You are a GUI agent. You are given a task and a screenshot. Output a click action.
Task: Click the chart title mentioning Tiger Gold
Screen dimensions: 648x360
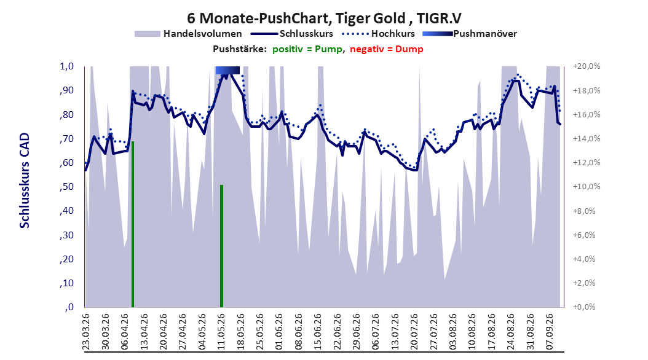point(324,18)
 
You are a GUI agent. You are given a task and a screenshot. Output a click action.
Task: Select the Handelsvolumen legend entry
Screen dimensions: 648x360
point(188,34)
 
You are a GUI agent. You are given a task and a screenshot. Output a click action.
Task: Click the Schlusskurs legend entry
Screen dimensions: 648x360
point(292,34)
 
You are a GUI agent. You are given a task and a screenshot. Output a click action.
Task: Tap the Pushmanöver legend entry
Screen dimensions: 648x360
point(470,34)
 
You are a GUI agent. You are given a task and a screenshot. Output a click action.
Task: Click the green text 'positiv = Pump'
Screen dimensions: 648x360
point(307,49)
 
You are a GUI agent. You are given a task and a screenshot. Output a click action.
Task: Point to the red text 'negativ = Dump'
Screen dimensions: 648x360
point(387,49)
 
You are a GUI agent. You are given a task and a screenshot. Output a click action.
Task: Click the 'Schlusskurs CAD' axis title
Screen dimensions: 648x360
point(25,181)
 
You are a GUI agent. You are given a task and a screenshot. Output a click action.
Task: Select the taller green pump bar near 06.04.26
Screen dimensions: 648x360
point(133,224)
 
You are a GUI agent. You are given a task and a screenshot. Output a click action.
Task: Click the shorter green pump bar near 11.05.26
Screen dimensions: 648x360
point(221,246)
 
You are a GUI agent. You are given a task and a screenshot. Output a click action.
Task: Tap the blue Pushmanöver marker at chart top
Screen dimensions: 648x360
point(227,70)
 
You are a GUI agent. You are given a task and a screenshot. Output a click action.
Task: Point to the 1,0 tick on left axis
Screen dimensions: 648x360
point(66,66)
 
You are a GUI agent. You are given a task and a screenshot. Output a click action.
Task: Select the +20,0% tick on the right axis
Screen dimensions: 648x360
point(587,66)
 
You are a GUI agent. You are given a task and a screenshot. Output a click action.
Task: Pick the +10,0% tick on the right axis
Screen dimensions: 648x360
point(587,187)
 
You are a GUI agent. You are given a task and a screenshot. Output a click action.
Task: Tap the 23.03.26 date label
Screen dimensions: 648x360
point(86,332)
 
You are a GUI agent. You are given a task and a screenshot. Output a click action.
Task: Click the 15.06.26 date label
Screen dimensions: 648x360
point(317,332)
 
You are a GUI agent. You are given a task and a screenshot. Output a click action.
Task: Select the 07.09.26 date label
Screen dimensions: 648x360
point(549,332)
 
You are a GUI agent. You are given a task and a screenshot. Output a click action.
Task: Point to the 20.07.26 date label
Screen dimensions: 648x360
point(414,332)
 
